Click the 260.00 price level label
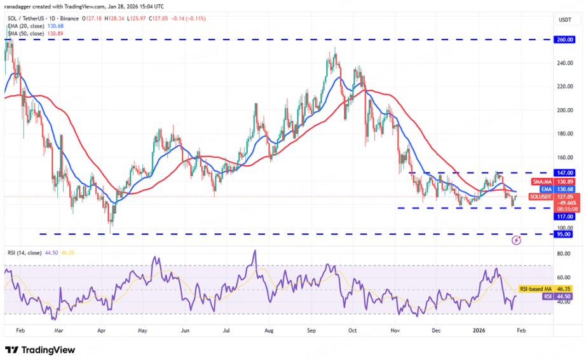pyautogui.click(x=564, y=39)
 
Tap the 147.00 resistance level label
pyautogui.click(x=564, y=172)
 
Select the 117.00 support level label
pyautogui.click(x=564, y=216)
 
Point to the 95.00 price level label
pyautogui.click(x=564, y=234)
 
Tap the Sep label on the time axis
pyautogui.click(x=311, y=331)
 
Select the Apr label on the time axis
pyautogui.click(x=100, y=331)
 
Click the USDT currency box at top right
pyautogui.click(x=564, y=20)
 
